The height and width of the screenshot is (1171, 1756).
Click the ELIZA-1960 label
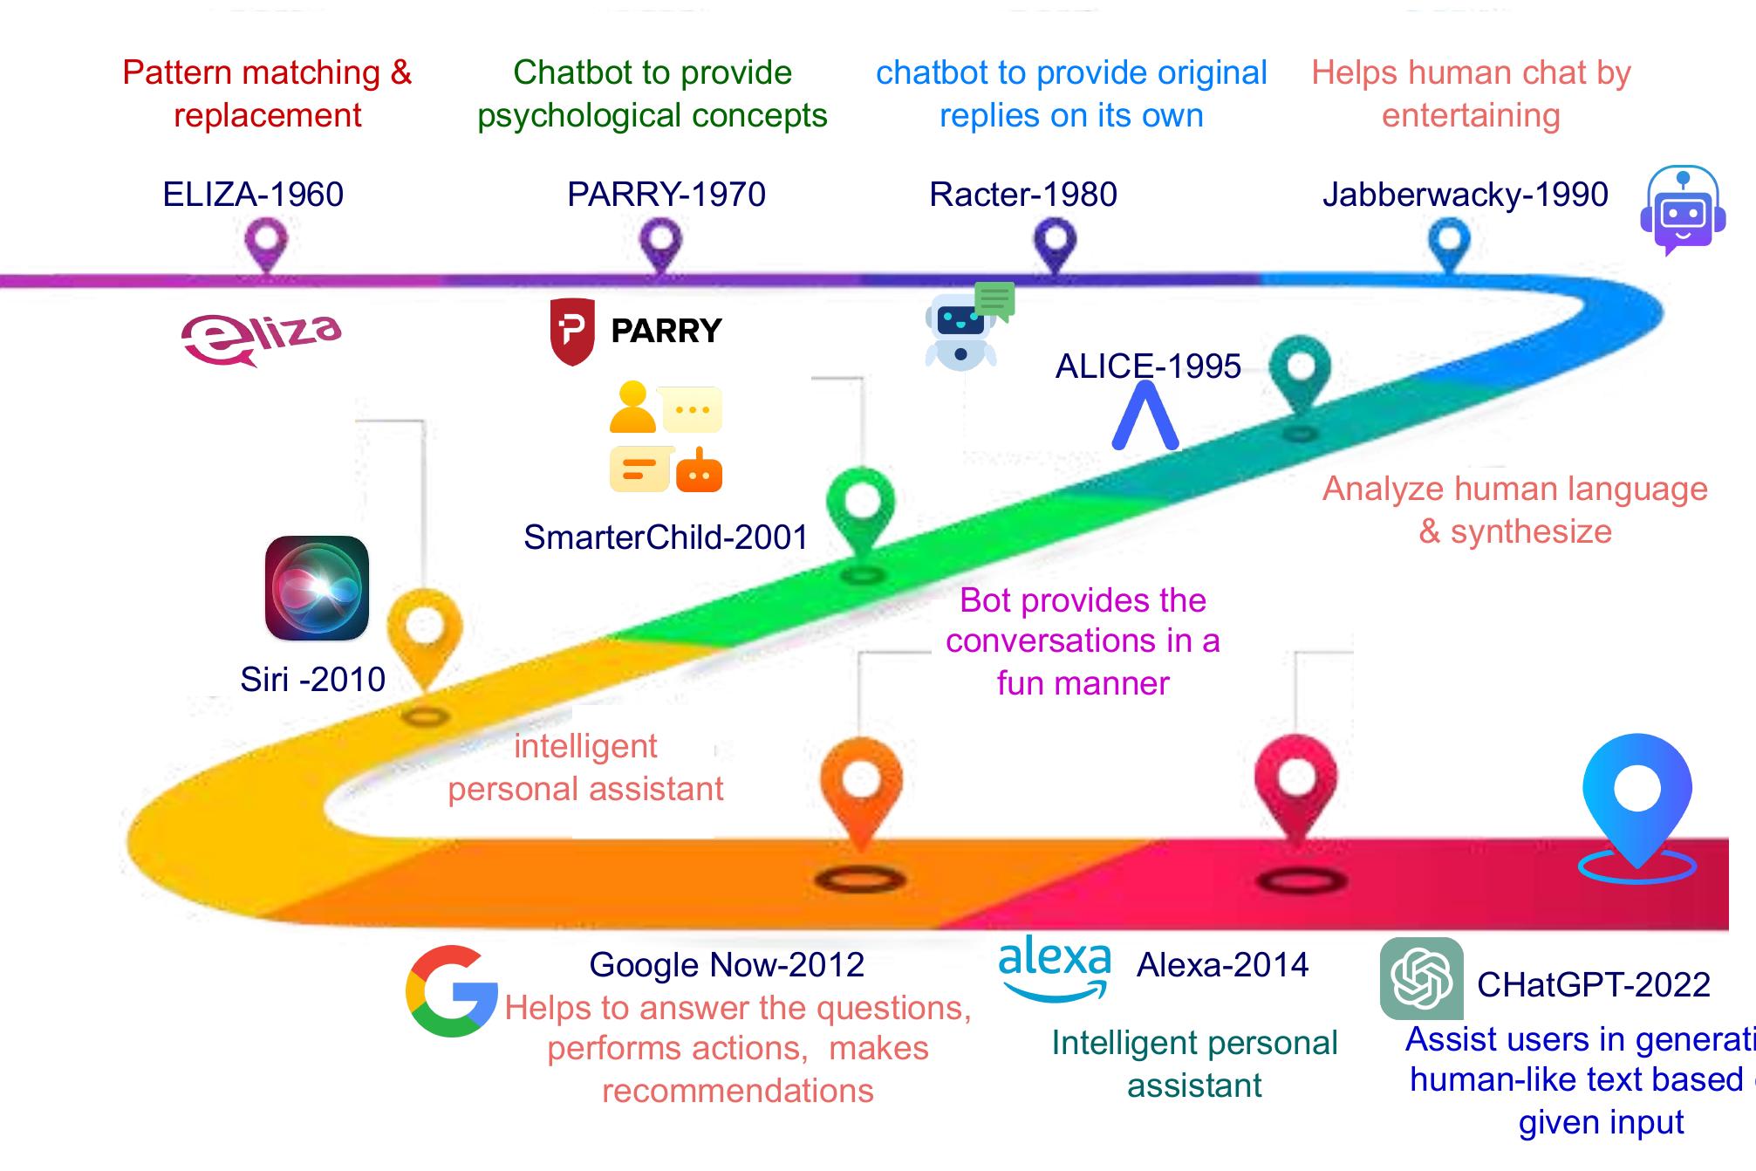coord(253,195)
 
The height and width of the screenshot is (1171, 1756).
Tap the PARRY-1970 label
coord(666,195)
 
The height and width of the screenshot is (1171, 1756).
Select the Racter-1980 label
coord(1023,195)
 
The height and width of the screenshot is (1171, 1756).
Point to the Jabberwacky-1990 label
coord(1465,195)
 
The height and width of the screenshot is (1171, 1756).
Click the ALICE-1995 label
coord(1148,366)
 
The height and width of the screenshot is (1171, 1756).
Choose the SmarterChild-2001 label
coord(666,538)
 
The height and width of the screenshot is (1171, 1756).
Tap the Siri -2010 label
coord(312,680)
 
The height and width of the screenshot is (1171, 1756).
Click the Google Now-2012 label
coord(727,965)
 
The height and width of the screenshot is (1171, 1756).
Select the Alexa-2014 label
coord(1222,965)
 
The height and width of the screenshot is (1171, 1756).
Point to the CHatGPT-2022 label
coord(1593,985)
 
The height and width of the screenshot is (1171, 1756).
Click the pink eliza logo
coord(261,338)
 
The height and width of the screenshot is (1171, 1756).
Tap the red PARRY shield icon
coord(572,332)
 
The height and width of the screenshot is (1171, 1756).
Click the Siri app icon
coord(317,588)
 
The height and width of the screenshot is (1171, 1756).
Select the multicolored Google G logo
coord(451,991)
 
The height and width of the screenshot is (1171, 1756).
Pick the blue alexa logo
coord(1055,967)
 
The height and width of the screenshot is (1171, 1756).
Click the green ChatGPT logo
coord(1421,979)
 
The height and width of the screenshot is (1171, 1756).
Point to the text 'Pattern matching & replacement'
coord(267,93)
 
